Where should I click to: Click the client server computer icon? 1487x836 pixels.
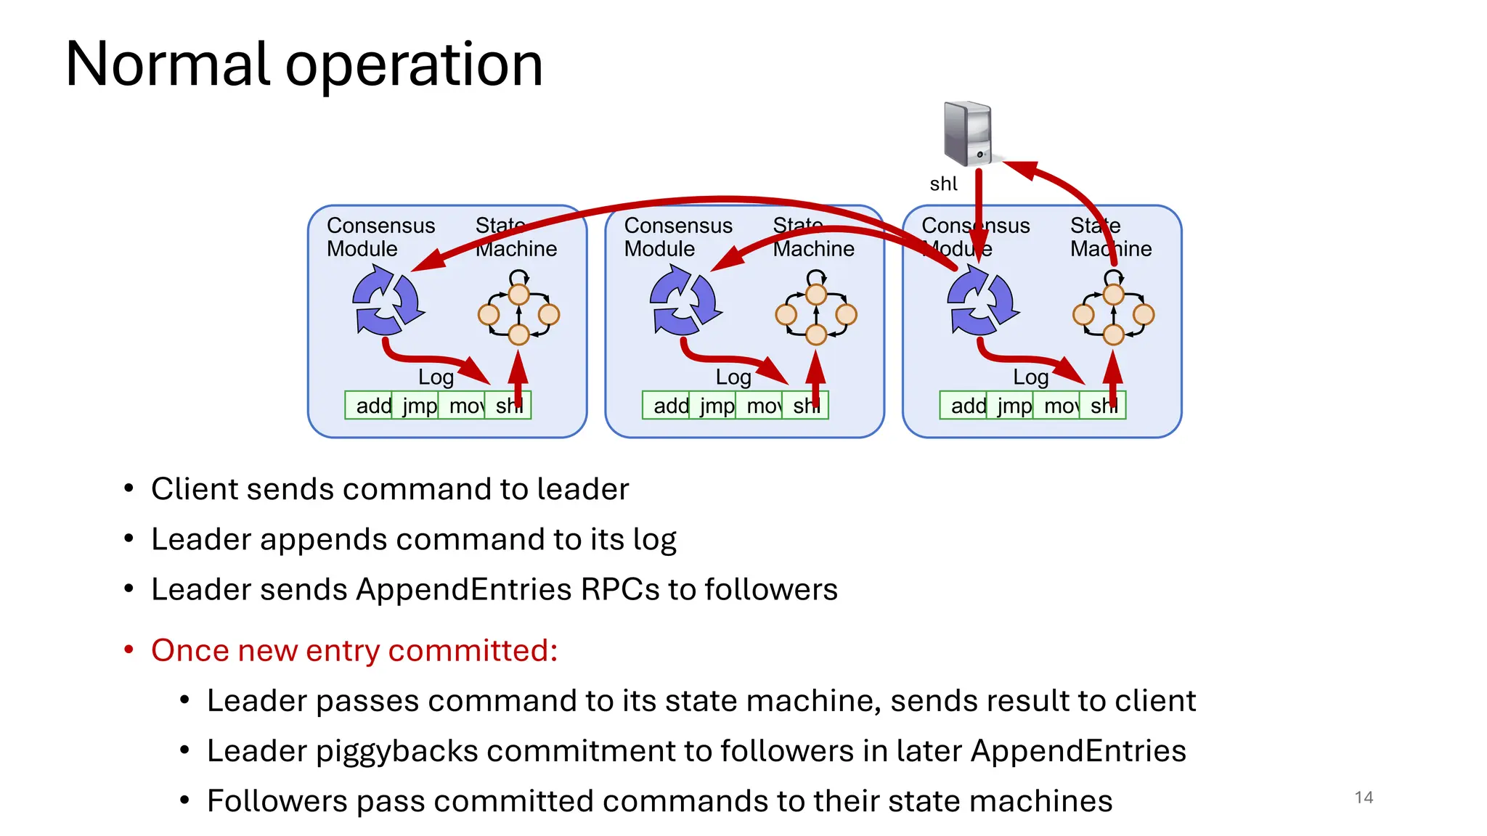(968, 134)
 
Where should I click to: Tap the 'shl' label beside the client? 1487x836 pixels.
(943, 184)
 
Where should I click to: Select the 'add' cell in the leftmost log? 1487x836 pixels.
(370, 406)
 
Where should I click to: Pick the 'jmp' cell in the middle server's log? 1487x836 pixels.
(714, 406)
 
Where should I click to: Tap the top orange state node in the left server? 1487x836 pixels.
(518, 295)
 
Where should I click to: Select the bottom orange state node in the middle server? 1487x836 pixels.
(816, 335)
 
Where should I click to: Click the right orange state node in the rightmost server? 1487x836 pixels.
(1144, 314)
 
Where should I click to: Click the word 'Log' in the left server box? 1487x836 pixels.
(436, 377)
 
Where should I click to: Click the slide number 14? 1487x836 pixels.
(1364, 798)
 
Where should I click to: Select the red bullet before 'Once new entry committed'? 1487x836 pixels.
(129, 649)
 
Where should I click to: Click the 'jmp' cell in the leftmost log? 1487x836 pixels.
(417, 406)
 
